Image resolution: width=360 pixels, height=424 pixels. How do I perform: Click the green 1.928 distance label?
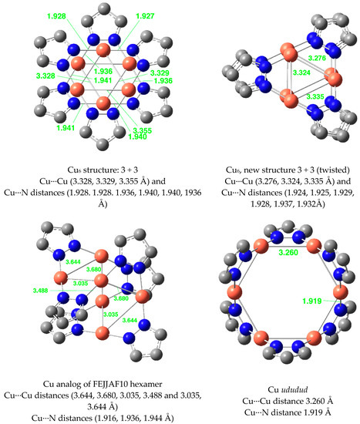tap(56, 16)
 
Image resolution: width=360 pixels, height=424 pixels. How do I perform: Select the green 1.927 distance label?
tap(145, 16)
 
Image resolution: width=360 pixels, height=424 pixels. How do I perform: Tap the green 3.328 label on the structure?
tap(45, 76)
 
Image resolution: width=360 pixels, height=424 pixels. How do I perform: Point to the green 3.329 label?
tap(160, 73)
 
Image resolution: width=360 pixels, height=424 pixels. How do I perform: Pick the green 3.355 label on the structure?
tap(143, 131)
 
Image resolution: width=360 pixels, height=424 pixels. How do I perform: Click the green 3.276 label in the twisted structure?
tap(317, 58)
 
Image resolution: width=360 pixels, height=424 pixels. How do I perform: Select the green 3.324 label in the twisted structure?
tap(301, 72)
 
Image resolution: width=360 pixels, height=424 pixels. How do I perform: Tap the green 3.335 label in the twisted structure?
tap(315, 96)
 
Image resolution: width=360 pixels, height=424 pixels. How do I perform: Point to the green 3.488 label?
tap(40, 291)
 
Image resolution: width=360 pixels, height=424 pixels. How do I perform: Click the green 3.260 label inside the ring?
tap(288, 253)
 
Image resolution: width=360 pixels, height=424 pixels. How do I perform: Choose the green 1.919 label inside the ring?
tap(312, 301)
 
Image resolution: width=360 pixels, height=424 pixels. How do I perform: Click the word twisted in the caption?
tap(332, 170)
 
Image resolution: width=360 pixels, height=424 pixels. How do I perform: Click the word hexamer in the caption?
tap(149, 384)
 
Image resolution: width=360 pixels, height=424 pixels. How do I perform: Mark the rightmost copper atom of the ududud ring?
tap(340, 292)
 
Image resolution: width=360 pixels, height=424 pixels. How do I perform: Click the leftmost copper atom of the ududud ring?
tap(234, 292)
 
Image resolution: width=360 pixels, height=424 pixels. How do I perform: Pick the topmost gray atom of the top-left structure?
tap(103, 9)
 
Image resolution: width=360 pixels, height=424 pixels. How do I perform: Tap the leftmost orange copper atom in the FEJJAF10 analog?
tap(61, 278)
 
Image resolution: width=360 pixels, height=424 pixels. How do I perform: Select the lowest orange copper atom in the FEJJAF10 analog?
tap(103, 333)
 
